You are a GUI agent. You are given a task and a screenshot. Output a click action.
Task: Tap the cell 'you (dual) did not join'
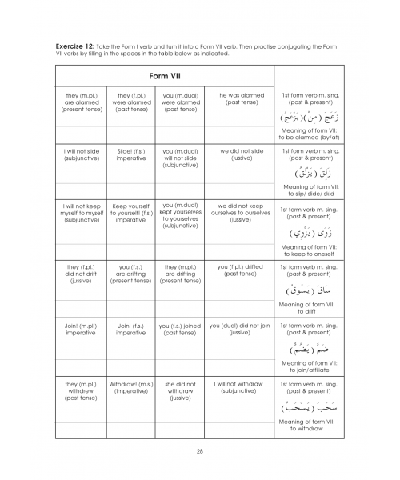coord(241,329)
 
